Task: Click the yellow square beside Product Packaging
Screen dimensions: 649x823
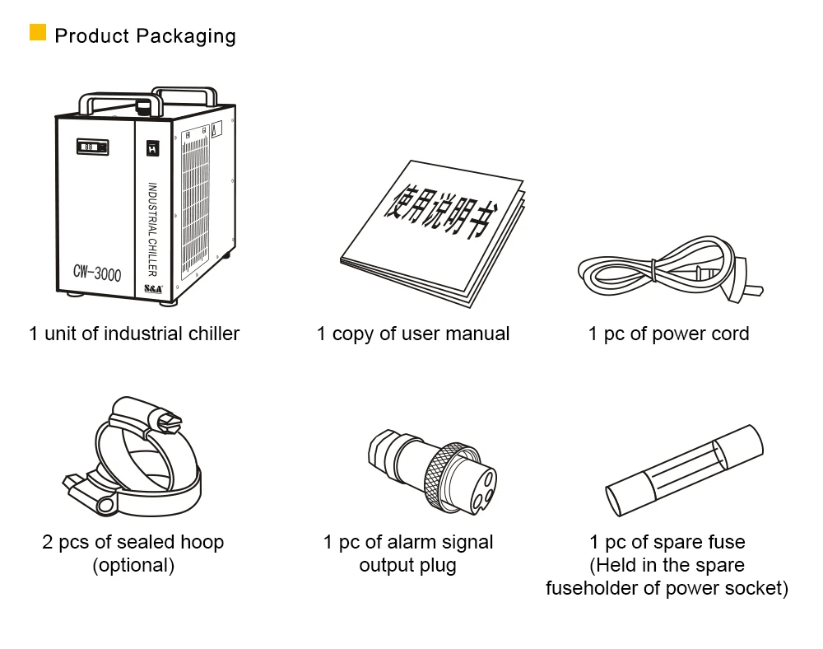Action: tap(38, 33)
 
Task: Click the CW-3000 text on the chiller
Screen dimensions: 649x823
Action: tap(96, 273)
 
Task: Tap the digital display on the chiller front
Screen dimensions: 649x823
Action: tap(92, 147)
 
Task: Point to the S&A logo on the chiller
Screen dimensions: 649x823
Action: tap(154, 289)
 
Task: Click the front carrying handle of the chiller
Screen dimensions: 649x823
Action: tap(115, 101)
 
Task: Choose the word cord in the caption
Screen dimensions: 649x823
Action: tap(731, 334)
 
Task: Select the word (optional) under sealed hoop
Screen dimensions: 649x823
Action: tap(133, 566)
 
